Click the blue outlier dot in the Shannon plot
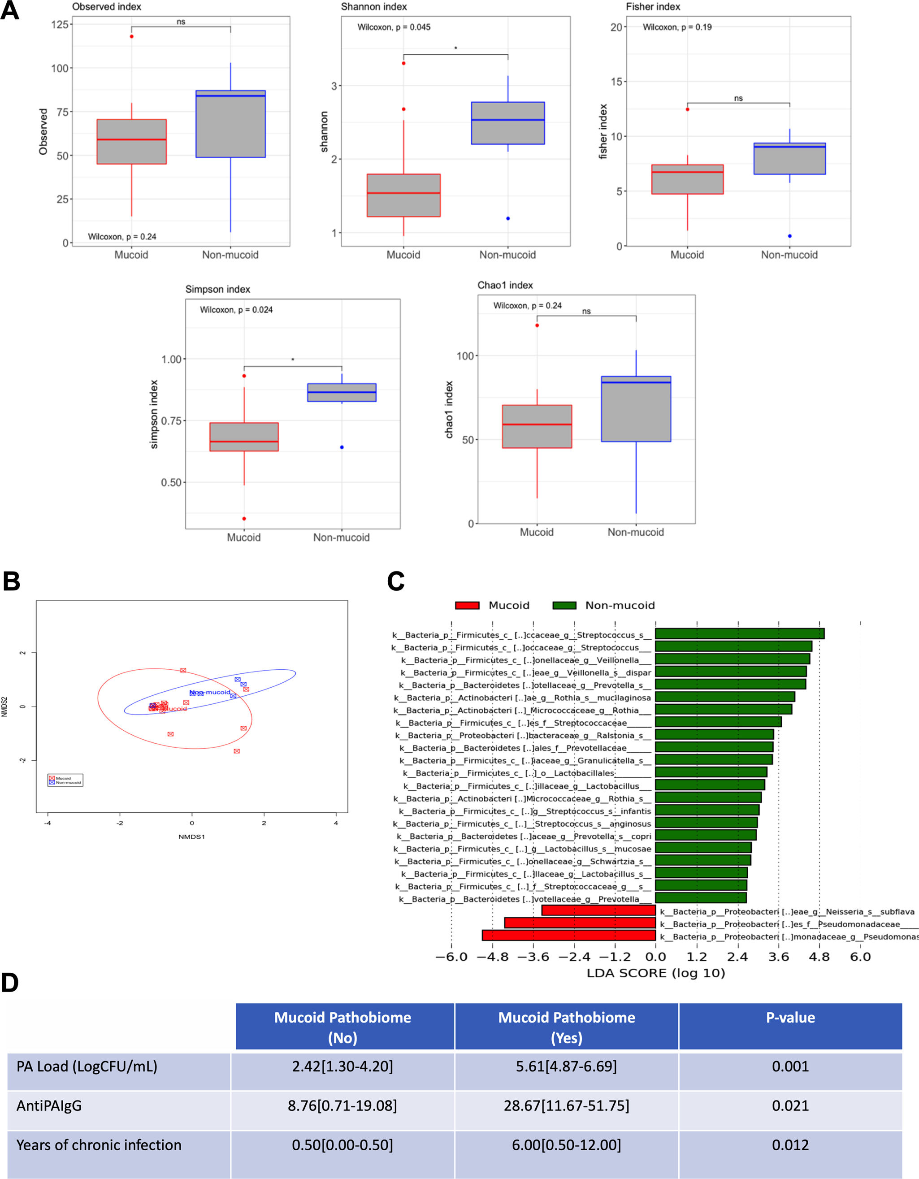click(508, 219)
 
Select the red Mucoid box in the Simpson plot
click(244, 437)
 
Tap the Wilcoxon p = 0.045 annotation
click(394, 27)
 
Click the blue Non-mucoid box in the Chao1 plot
click(636, 409)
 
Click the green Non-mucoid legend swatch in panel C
click(564, 605)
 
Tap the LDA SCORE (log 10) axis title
click(655, 973)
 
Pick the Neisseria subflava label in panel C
click(787, 912)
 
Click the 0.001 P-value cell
click(790, 1066)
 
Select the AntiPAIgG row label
click(49, 1105)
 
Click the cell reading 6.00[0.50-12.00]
click(566, 1145)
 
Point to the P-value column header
click(790, 1018)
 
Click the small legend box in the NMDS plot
click(65, 780)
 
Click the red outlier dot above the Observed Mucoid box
click(131, 37)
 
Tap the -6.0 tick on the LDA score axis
click(451, 957)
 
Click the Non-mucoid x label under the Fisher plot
click(789, 255)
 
